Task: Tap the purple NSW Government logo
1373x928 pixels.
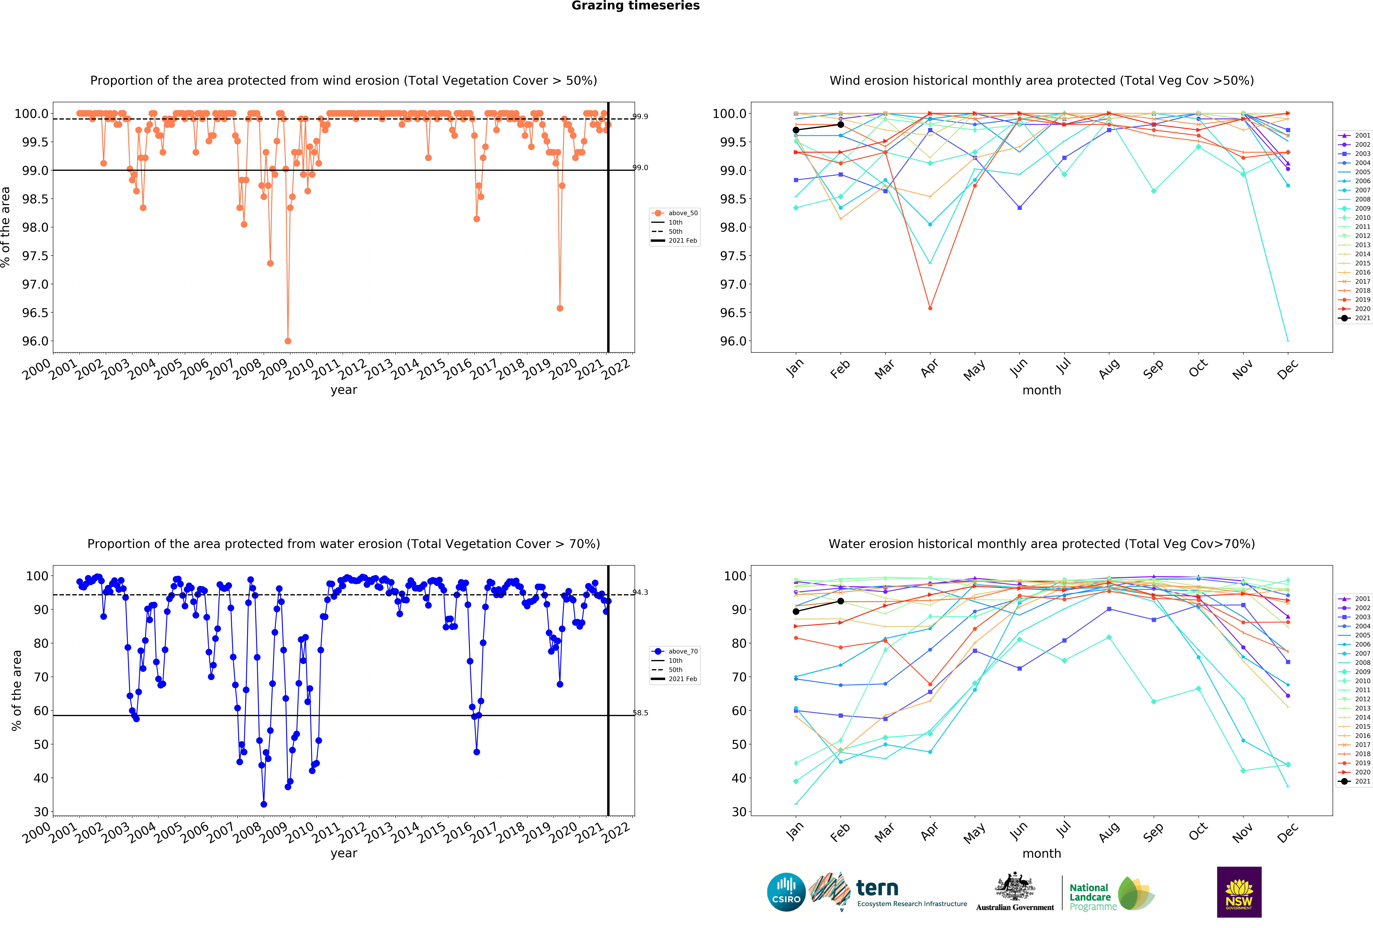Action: point(1239,892)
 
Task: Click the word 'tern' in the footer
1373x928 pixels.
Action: point(877,888)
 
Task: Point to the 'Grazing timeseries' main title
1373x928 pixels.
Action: point(635,6)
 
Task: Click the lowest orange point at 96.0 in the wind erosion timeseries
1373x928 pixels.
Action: point(288,341)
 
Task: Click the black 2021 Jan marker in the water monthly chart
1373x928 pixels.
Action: point(796,611)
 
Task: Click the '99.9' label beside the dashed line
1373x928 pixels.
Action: point(640,116)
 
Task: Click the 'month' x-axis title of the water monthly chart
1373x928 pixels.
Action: point(1042,854)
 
